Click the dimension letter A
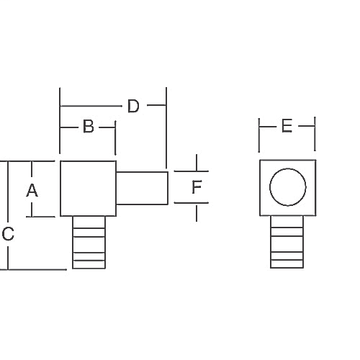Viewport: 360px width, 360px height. [32, 191]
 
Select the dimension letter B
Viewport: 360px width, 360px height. [88, 127]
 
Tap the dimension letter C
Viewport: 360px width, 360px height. [8, 234]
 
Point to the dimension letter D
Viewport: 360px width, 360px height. [132, 107]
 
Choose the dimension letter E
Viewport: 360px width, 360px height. [287, 127]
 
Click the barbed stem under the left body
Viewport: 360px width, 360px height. [88, 243]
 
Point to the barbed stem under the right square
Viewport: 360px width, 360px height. [287, 243]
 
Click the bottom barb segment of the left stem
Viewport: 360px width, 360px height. [88, 264]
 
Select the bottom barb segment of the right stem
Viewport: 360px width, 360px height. [287, 264]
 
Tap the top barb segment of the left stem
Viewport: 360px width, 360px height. [88, 222]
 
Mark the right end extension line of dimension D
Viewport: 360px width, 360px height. [166, 130]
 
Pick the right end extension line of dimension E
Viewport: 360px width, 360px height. [315, 133]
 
